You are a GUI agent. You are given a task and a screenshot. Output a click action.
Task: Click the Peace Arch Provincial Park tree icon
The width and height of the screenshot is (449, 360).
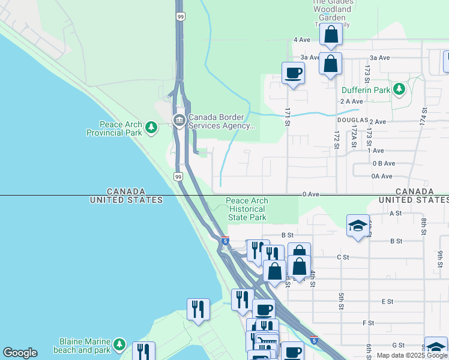152,127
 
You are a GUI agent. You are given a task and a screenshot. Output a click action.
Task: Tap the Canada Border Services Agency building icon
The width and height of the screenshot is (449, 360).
179,121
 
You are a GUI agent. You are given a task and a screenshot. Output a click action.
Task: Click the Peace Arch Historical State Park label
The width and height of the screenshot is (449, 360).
247,209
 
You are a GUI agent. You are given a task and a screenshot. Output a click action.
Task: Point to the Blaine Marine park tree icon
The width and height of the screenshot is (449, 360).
119,344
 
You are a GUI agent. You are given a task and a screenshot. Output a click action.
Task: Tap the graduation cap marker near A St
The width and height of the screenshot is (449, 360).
358,226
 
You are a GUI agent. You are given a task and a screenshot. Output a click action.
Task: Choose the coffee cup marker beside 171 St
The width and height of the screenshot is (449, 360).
294,74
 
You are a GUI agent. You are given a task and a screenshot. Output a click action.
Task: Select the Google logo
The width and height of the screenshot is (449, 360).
19,353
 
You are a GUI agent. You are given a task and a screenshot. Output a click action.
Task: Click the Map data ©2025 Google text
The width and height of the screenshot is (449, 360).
412,355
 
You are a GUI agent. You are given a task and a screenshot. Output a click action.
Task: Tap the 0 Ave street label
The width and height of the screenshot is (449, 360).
310,194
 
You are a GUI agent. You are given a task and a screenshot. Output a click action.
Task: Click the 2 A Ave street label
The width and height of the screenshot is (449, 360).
351,101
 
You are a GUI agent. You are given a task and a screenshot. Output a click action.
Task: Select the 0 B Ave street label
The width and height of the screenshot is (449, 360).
384,163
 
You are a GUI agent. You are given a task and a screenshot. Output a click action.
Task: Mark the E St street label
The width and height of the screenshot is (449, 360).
387,301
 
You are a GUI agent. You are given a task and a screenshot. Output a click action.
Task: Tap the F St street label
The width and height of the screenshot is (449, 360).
369,323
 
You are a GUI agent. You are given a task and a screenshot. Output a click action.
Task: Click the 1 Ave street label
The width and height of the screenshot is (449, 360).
375,150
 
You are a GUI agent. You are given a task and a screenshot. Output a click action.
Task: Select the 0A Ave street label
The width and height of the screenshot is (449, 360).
382,176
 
